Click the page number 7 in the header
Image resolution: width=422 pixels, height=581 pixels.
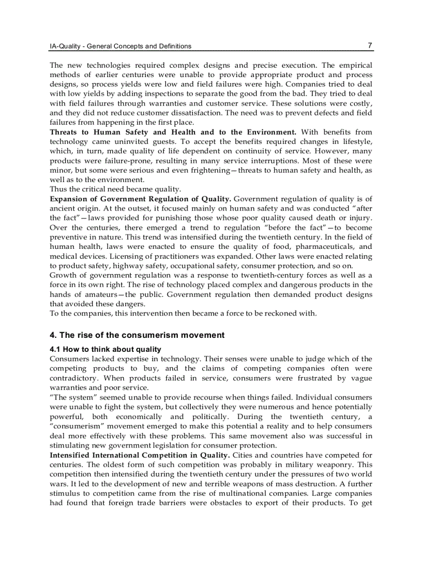tap(370, 46)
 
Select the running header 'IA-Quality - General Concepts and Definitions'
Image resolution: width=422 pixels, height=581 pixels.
tap(120, 46)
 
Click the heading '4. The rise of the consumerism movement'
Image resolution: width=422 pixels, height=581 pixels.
tap(137, 335)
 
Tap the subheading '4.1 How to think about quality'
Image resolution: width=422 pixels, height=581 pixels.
tap(106, 349)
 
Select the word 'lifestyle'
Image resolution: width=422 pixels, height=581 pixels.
tap(355, 141)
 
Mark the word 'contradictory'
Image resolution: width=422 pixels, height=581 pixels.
tap(73, 378)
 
